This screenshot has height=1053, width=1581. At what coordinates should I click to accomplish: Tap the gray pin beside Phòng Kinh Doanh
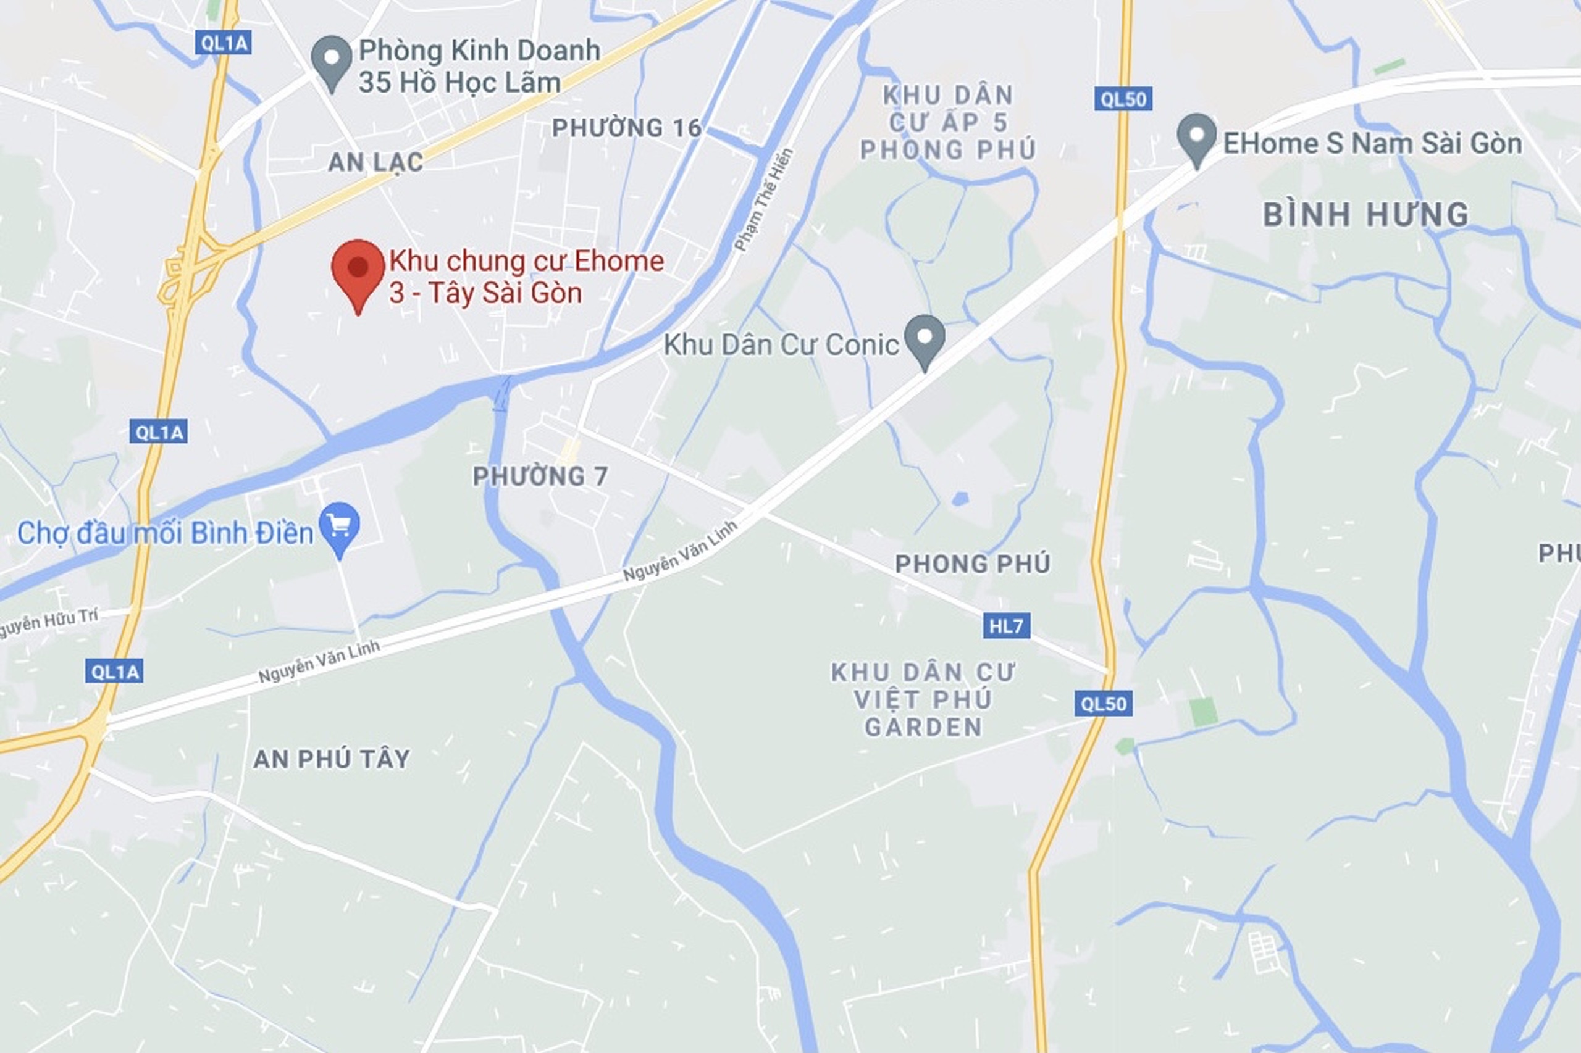click(331, 59)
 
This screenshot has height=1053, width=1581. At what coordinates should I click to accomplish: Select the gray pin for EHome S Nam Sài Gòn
click(1197, 136)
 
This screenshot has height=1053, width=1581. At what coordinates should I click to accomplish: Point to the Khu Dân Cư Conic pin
click(925, 338)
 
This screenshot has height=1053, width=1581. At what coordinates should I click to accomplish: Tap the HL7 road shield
click(1006, 626)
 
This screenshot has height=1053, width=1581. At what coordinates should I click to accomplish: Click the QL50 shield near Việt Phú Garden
click(1102, 704)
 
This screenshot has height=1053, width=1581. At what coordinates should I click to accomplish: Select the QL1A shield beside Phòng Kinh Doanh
click(224, 44)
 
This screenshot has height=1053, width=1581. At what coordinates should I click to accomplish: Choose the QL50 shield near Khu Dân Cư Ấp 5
click(1123, 99)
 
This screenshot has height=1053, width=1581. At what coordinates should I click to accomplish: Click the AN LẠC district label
click(375, 162)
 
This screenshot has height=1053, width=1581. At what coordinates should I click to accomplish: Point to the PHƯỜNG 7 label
click(540, 477)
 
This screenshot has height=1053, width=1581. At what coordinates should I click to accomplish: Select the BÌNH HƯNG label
click(1365, 215)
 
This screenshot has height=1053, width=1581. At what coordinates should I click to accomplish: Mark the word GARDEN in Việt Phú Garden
click(923, 727)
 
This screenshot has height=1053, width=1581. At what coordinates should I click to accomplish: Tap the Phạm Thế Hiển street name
click(764, 199)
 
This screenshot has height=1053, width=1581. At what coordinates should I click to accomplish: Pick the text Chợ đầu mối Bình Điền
click(166, 533)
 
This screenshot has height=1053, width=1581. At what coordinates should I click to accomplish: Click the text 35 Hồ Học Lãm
click(459, 83)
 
